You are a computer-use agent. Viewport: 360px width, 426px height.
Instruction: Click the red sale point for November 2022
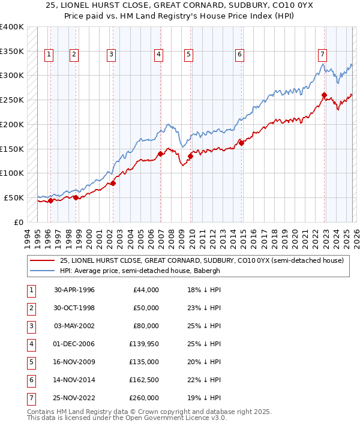[x=324, y=95]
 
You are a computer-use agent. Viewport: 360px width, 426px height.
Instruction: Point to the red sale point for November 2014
[x=241, y=143]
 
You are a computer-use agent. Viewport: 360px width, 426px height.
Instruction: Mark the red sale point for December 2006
[x=161, y=154]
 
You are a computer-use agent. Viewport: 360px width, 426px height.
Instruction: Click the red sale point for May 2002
[x=113, y=183]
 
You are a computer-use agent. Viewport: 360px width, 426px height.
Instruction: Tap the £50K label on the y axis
[x=14, y=197]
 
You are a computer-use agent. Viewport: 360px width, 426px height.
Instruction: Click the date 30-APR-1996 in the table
[x=74, y=290]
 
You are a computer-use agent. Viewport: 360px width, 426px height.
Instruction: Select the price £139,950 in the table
[x=143, y=344]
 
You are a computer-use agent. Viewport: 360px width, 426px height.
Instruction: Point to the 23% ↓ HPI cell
[x=204, y=308]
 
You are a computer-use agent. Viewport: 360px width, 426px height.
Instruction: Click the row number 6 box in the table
[x=31, y=380]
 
